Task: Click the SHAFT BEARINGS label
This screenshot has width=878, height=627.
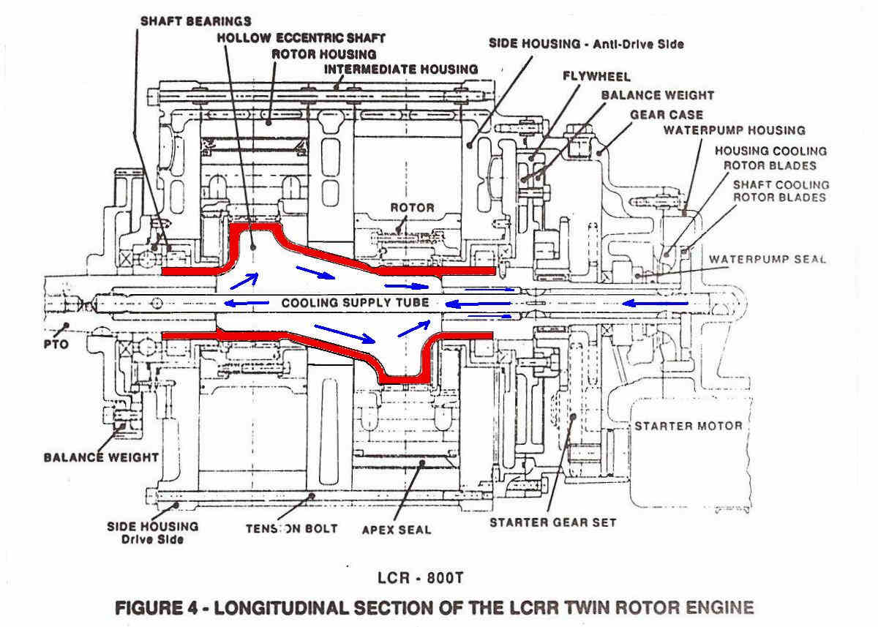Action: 195,21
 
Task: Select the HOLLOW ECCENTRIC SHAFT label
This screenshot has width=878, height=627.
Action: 301,38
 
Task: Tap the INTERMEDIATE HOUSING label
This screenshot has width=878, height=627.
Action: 401,70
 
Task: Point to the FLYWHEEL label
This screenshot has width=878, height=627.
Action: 596,76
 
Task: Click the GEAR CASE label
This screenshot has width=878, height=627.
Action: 667,115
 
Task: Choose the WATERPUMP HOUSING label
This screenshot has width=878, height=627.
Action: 734,130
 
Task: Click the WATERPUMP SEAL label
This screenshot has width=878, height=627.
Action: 768,259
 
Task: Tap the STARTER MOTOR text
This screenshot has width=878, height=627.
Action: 688,426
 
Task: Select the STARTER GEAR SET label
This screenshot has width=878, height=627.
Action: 553,522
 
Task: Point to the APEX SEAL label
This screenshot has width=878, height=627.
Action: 397,530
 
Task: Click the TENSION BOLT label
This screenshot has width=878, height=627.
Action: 292,529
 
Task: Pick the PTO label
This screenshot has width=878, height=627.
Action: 56,345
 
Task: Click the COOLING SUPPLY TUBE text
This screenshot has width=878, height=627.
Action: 355,303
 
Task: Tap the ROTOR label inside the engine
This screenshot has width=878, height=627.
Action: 413,208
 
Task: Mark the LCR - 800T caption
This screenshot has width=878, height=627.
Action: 420,578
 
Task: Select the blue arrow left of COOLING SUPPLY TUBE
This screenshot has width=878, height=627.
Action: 247,303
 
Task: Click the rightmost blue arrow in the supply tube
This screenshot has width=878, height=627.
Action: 655,303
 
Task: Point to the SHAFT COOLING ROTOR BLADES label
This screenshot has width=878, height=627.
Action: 781,191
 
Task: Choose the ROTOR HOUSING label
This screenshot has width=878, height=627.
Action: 324,54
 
